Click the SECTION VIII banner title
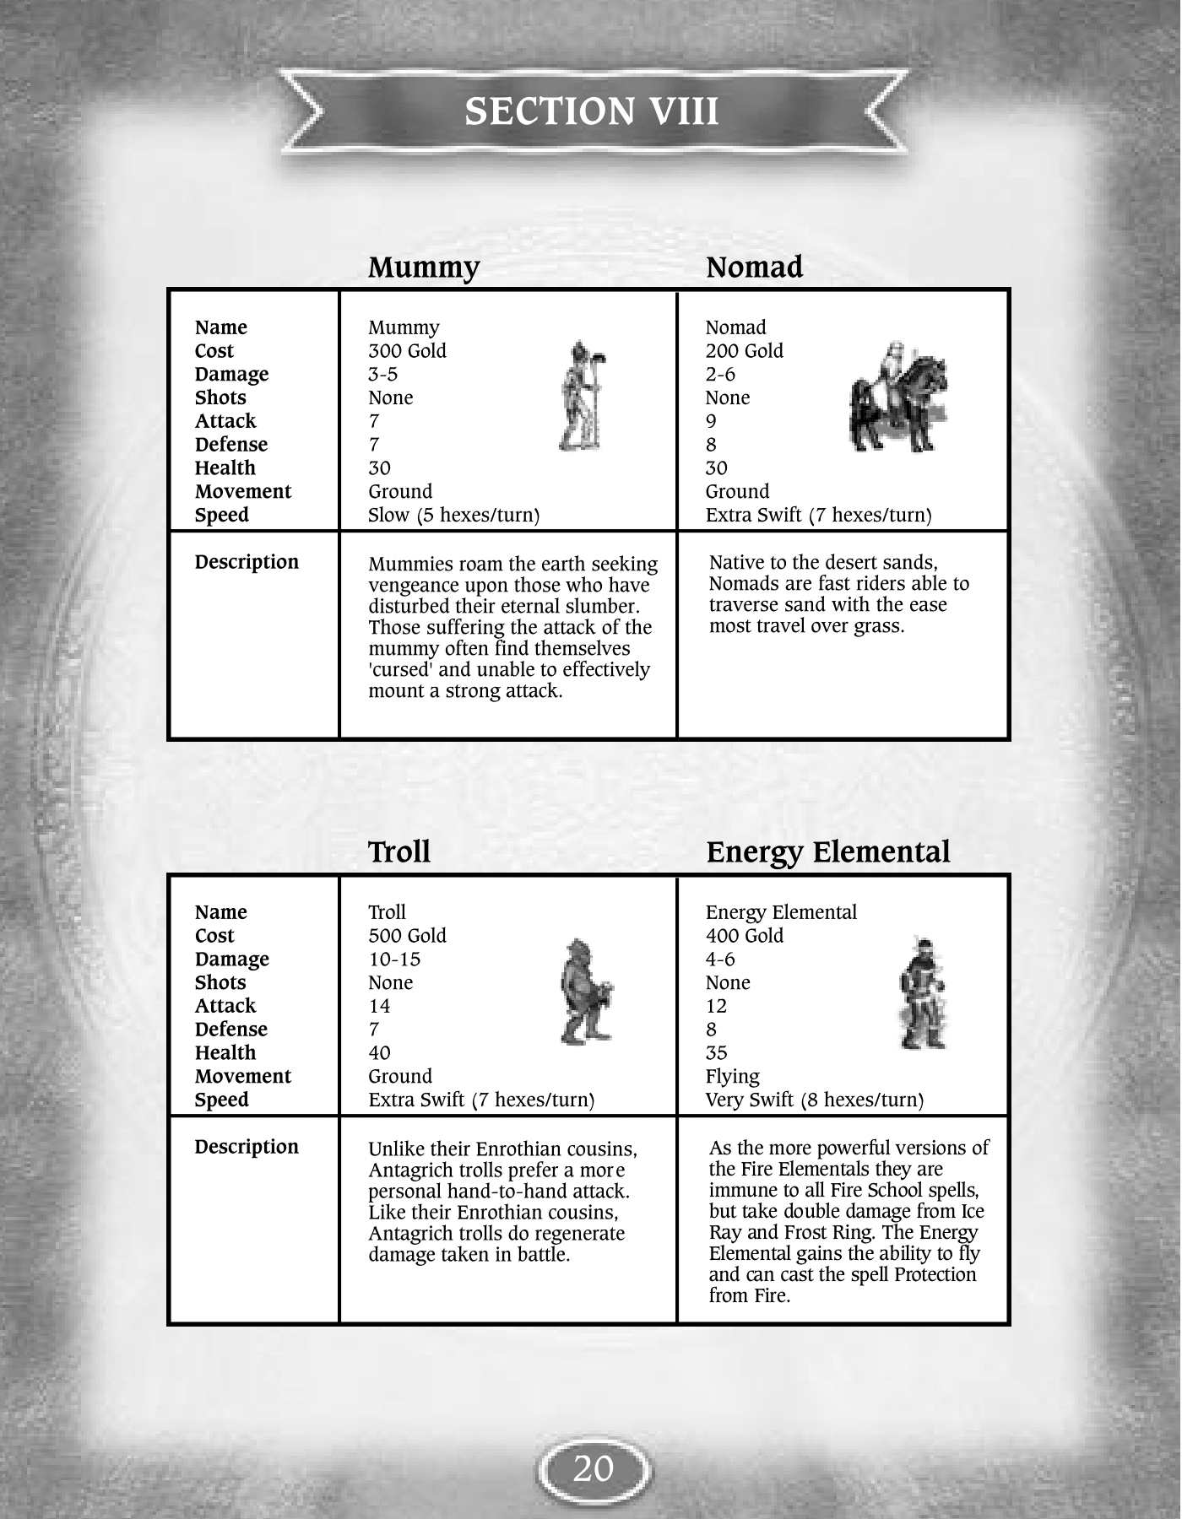[591, 111]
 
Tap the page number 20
[593, 1469]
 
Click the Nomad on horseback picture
[897, 396]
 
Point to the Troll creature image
[585, 991]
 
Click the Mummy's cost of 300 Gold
[407, 351]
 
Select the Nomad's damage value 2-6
[720, 375]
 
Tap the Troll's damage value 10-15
[394, 960]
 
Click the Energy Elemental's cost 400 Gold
[744, 936]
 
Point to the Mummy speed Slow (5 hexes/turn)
[453, 515]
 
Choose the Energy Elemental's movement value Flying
[732, 1077]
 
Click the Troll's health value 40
[379, 1053]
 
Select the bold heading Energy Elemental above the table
[827, 852]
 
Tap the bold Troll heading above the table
[399, 852]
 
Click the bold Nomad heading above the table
[754, 268]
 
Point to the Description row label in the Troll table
[247, 1147]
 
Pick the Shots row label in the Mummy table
[220, 397]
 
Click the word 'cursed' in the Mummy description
[401, 670]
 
